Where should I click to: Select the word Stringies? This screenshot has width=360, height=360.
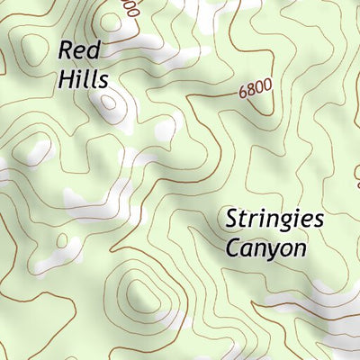274,220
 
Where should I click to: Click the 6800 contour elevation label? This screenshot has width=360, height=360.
256,91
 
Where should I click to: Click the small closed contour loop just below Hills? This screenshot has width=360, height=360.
109,102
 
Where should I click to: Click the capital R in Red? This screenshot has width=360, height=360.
66,50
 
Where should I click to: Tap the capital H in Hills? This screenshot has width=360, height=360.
66,78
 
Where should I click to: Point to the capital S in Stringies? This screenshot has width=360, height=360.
231,219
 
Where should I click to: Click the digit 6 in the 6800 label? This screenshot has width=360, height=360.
244,94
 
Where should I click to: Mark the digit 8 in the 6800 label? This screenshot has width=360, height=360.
252,92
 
